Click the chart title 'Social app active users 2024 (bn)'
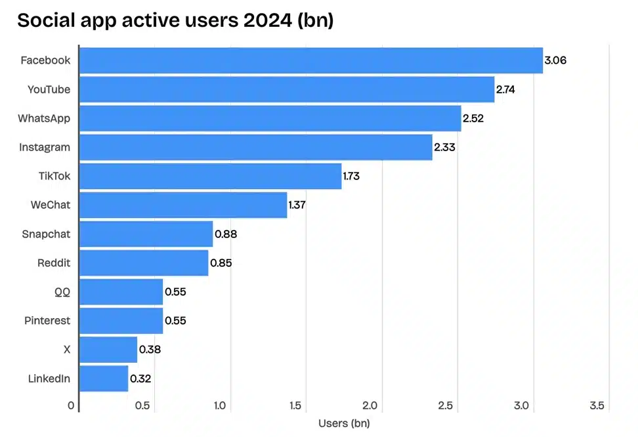(x=175, y=20)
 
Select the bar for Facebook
(x=310, y=60)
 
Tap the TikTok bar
(x=210, y=176)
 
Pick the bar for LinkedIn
(x=104, y=379)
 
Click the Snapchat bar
(x=146, y=234)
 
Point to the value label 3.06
(x=555, y=60)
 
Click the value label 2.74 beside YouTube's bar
(x=505, y=89)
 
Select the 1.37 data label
(x=297, y=205)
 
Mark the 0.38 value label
(x=150, y=350)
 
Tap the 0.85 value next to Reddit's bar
(x=221, y=263)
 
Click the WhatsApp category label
(x=44, y=118)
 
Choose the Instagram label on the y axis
(x=45, y=147)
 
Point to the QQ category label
(x=62, y=292)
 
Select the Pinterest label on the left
(x=47, y=321)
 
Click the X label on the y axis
(x=67, y=350)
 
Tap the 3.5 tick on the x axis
(x=597, y=406)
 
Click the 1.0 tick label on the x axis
(x=220, y=406)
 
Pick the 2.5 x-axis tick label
(x=446, y=406)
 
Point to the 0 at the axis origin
(x=71, y=406)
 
